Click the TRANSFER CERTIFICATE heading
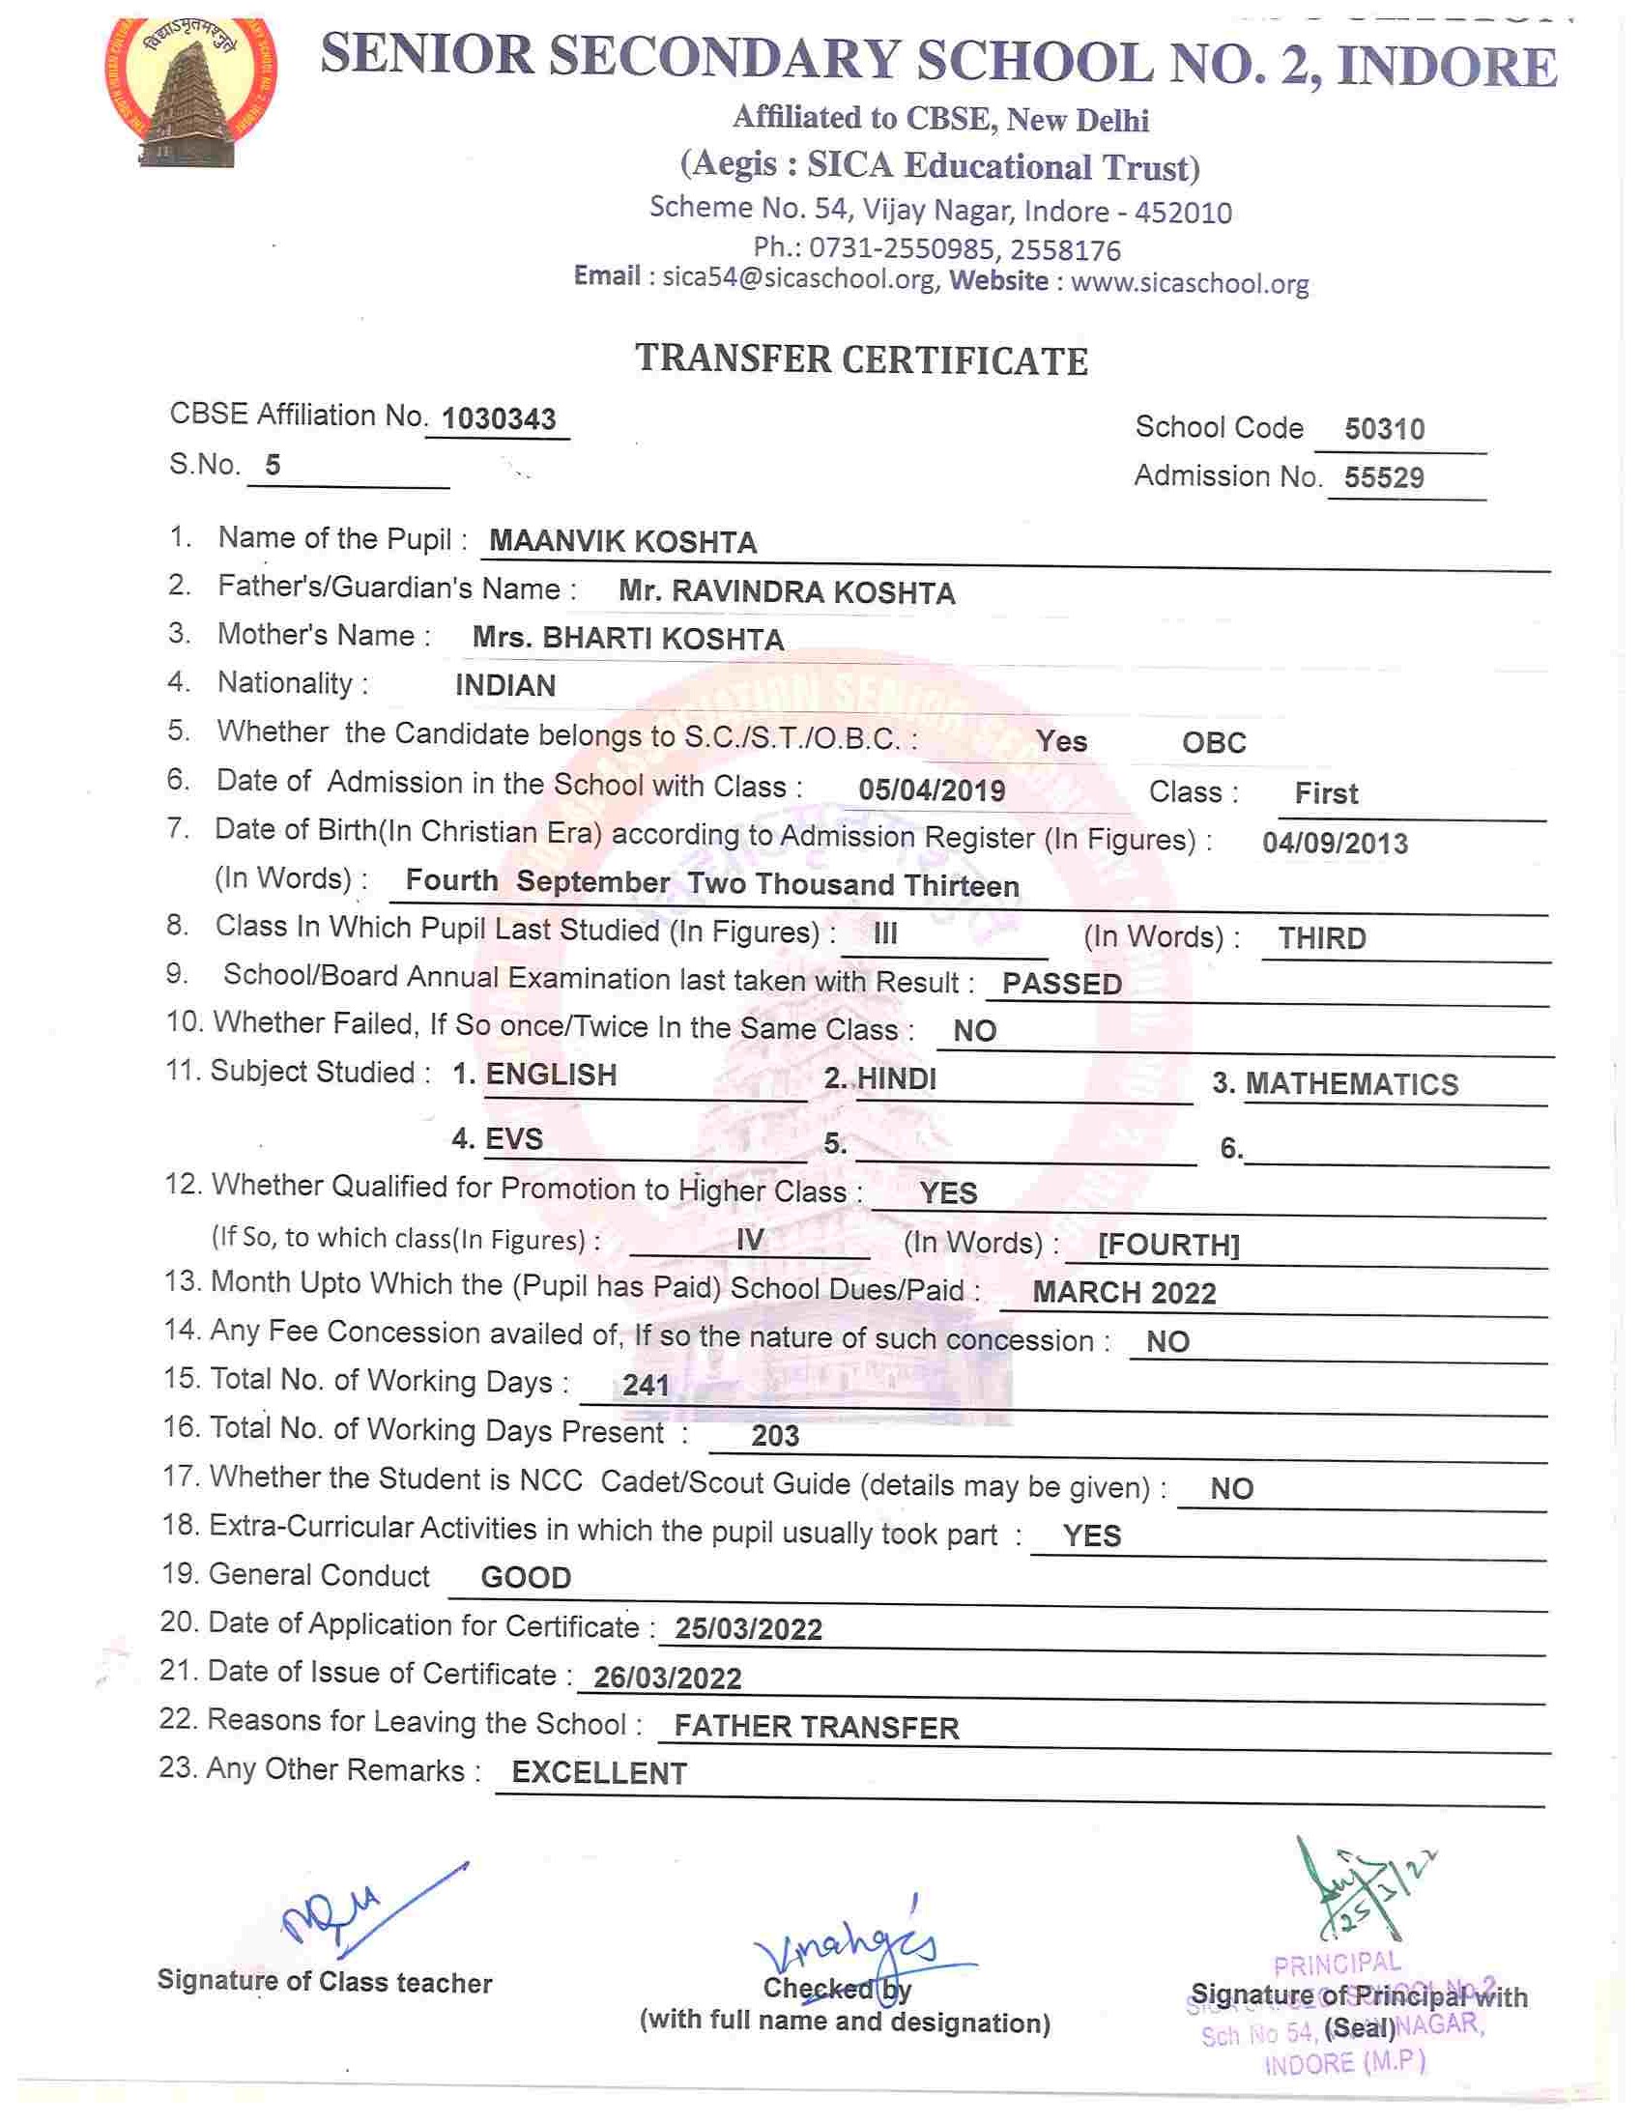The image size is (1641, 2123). point(861,359)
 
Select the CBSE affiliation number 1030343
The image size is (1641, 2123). point(499,419)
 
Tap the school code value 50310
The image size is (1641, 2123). point(1383,429)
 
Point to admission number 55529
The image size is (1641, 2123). point(1383,477)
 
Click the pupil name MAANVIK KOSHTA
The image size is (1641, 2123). point(622,542)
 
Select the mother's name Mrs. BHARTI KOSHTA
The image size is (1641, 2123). point(628,639)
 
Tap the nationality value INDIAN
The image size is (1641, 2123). point(505,685)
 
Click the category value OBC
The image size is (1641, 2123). point(1213,743)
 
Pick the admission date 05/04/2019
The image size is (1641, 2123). point(932,789)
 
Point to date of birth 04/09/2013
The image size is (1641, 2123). point(1335,843)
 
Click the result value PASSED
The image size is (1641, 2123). point(1061,984)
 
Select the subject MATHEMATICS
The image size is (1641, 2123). point(1351,1084)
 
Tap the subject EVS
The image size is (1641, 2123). point(514,1138)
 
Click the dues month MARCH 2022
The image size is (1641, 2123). point(1124,1293)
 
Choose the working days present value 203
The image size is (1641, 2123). point(775,1436)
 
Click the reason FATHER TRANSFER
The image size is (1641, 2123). point(817,1728)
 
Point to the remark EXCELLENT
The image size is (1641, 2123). point(599,1773)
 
